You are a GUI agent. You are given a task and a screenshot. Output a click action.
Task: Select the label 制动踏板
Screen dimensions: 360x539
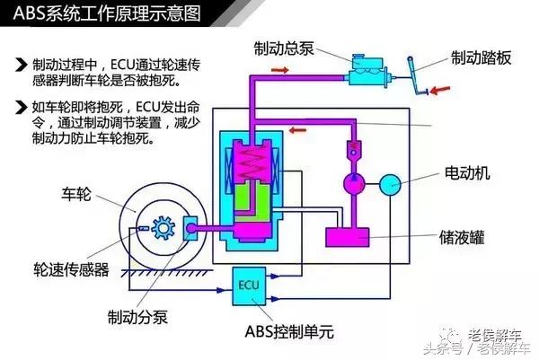pos(482,58)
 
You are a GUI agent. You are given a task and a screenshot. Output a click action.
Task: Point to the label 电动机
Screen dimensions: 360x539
pos(466,173)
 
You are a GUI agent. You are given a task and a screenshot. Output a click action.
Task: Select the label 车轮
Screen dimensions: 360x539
pos(78,193)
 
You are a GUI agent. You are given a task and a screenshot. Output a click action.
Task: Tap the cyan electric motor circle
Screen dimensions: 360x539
pos(391,184)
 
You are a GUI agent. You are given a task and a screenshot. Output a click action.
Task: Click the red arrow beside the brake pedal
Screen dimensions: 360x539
pos(441,89)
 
